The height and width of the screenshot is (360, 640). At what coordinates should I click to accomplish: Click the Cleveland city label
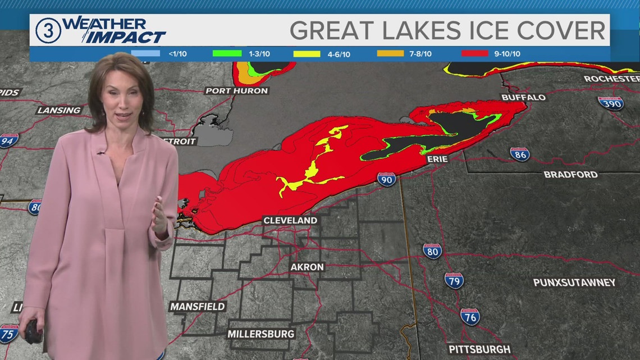point(290,221)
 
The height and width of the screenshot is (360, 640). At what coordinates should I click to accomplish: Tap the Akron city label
point(307,267)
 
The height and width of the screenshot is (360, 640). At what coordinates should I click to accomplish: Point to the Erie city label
point(437,159)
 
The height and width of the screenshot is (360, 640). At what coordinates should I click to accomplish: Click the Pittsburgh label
point(479,349)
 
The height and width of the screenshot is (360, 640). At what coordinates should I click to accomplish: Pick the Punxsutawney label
point(574,282)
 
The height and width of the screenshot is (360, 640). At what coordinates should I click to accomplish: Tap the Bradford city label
point(570,175)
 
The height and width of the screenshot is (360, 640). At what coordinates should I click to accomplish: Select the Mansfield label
point(197,307)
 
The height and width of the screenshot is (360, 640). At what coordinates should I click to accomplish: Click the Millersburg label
point(260,334)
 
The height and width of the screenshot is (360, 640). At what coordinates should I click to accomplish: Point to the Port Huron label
point(236,90)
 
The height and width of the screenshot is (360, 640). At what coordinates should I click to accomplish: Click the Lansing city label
point(59,110)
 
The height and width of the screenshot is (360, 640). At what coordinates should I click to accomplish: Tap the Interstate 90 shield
point(386,179)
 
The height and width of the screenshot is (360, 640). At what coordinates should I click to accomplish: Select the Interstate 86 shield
point(520,153)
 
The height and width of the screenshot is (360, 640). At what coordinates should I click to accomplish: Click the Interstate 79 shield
point(454,280)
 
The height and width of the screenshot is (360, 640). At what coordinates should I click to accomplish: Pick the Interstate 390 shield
point(610,103)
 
